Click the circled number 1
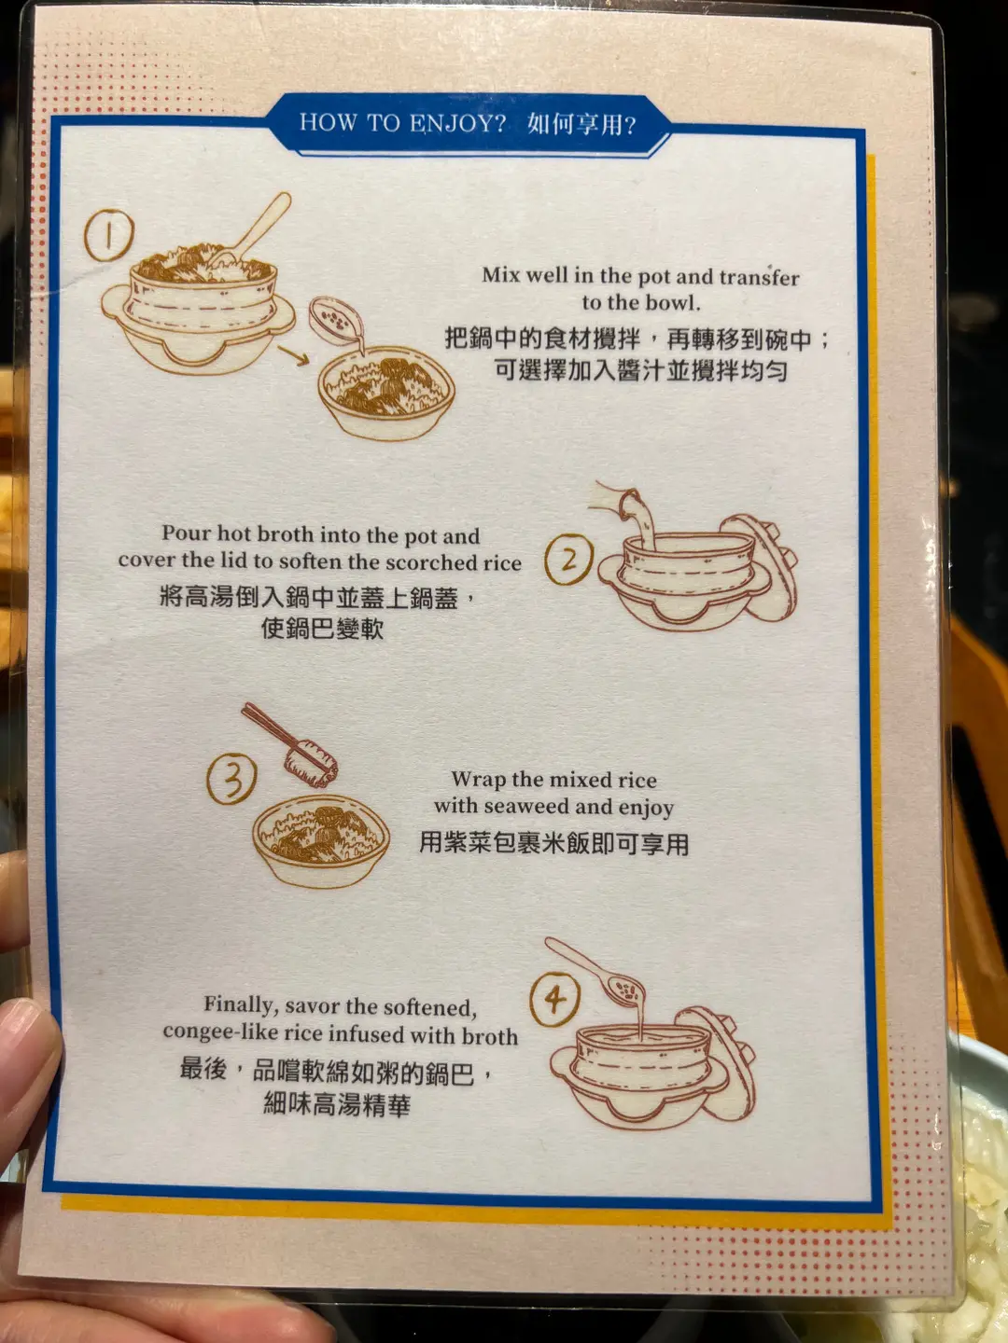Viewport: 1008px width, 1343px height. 109,235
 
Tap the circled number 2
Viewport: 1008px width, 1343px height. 568,560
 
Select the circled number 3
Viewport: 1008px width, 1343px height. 231,779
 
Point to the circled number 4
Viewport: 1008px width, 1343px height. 554,999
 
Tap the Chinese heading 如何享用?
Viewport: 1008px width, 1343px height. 581,124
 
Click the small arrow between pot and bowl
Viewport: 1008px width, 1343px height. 293,355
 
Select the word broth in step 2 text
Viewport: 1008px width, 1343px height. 287,534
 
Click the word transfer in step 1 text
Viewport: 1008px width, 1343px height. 760,277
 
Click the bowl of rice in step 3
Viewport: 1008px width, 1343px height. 320,840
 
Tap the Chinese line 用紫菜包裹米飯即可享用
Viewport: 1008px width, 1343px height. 553,844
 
